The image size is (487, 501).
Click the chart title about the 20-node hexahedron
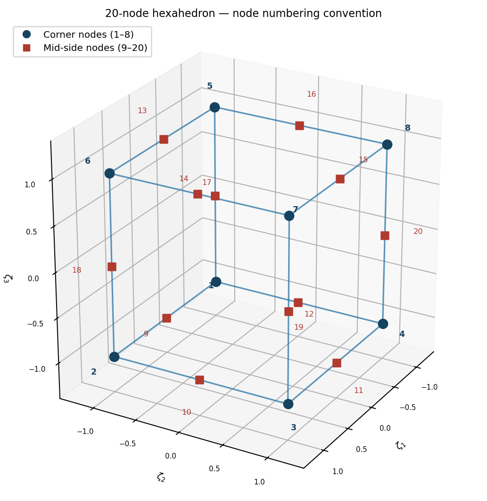coord(243,14)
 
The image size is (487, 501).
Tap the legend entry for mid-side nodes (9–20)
coord(95,48)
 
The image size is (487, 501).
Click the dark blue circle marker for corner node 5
coord(215,108)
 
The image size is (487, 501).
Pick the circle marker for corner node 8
coord(387,144)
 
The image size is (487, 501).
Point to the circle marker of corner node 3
coord(288,404)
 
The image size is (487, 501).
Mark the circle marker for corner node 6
coord(109,174)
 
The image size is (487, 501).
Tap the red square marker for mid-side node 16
coord(299,125)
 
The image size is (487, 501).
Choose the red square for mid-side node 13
coord(164,139)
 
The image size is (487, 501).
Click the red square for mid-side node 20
coord(385,235)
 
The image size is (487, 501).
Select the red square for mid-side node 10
coord(199,380)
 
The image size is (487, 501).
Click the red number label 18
coord(77,270)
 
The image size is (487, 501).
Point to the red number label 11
coord(359,391)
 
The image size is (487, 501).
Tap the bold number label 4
coord(402,334)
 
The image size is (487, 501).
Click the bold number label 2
coord(93,372)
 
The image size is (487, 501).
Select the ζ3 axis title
coord(8,278)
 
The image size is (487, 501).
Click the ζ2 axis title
coord(161,477)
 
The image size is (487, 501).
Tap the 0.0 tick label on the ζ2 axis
coord(171,456)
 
